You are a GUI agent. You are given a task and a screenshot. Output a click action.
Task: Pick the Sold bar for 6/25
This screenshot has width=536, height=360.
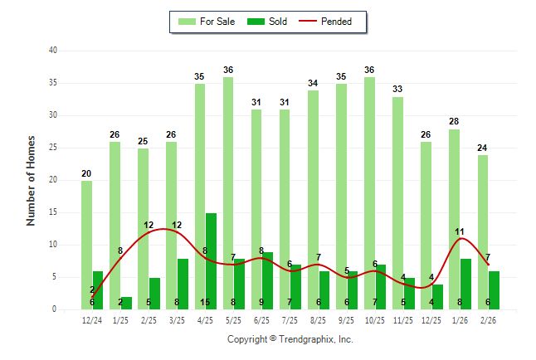(267, 278)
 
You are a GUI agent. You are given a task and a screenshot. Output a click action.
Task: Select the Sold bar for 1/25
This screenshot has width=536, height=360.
(126, 303)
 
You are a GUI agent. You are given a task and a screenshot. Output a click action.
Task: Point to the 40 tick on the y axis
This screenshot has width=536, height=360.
(52, 51)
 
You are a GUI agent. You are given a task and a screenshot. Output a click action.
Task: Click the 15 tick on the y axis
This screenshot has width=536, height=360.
(52, 212)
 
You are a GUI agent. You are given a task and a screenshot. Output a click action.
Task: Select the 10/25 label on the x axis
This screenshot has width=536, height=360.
(375, 320)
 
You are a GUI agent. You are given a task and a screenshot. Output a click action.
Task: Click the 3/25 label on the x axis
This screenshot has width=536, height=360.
(177, 320)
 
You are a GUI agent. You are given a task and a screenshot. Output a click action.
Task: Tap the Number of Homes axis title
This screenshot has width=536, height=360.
(32, 180)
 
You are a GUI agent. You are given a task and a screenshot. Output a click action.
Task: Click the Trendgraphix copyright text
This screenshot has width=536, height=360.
(290, 339)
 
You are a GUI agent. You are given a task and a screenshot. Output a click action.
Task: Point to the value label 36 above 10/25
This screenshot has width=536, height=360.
(369, 70)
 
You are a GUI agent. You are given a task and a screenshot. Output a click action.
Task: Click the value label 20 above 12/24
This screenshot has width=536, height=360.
(86, 173)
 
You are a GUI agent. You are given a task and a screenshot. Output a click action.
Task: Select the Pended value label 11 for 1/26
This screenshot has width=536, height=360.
(460, 231)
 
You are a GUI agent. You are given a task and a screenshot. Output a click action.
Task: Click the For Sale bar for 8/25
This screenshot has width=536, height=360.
(313, 199)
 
